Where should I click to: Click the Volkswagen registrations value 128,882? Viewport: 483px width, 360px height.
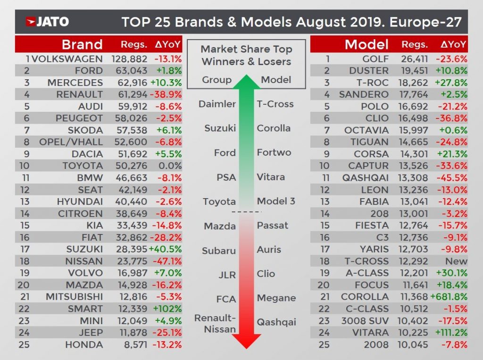click(x=130, y=59)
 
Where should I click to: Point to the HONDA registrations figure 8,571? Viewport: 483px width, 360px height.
click(x=133, y=344)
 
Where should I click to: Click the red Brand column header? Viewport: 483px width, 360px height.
click(x=82, y=45)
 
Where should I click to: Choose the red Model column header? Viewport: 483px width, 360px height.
click(x=366, y=45)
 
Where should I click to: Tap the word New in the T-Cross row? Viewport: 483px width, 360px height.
click(x=456, y=261)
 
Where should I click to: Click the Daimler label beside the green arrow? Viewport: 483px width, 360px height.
click(x=217, y=104)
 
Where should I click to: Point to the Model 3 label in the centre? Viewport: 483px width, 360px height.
click(x=276, y=201)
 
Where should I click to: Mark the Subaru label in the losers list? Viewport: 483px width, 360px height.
click(x=219, y=251)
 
